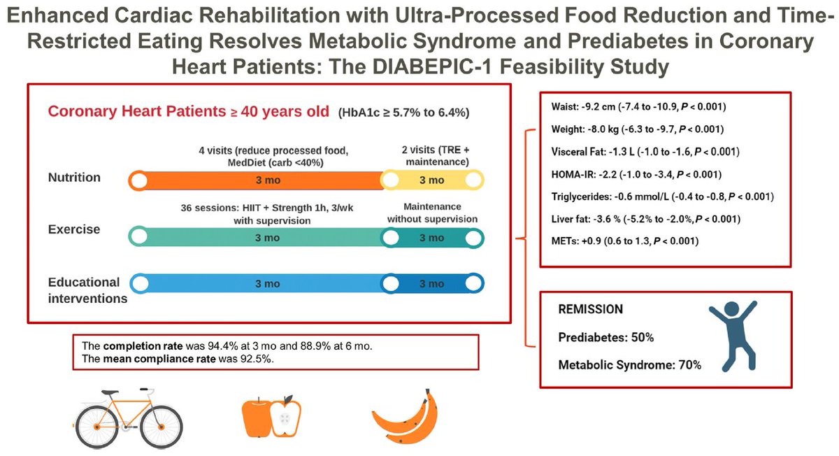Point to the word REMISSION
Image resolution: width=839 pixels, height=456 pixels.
(591, 308)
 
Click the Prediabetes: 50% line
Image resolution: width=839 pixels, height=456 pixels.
(605, 337)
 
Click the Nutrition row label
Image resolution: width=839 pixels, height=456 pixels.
(74, 178)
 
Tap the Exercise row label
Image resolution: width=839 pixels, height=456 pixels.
(74, 229)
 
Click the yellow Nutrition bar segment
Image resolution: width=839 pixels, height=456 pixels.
(432, 180)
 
